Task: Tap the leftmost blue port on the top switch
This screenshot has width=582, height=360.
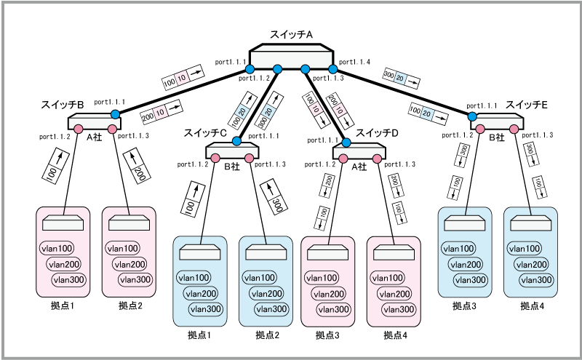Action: pyautogui.click(x=250, y=69)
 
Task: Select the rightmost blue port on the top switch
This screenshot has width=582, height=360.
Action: pyautogui.click(x=333, y=69)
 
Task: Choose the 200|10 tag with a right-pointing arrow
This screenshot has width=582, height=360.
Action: pyautogui.click(x=161, y=112)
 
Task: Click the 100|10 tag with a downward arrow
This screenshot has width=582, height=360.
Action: pyautogui.click(x=314, y=109)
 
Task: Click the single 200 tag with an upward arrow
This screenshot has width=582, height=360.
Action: pyautogui.click(x=137, y=166)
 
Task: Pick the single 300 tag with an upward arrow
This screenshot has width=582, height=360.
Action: pyautogui.click(x=274, y=198)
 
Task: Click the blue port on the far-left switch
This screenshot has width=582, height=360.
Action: pyautogui.click(x=115, y=114)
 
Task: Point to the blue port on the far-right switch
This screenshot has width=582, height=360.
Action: pyautogui.click(x=472, y=116)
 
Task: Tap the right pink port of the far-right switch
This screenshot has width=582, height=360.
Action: pyautogui.click(x=514, y=129)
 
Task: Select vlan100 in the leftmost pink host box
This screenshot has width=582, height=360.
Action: pyautogui.click(x=57, y=248)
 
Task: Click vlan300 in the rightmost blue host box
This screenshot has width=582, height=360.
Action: pyautogui.click(x=536, y=280)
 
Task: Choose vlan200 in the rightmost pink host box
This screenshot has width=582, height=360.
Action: pyautogui.click(x=394, y=293)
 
